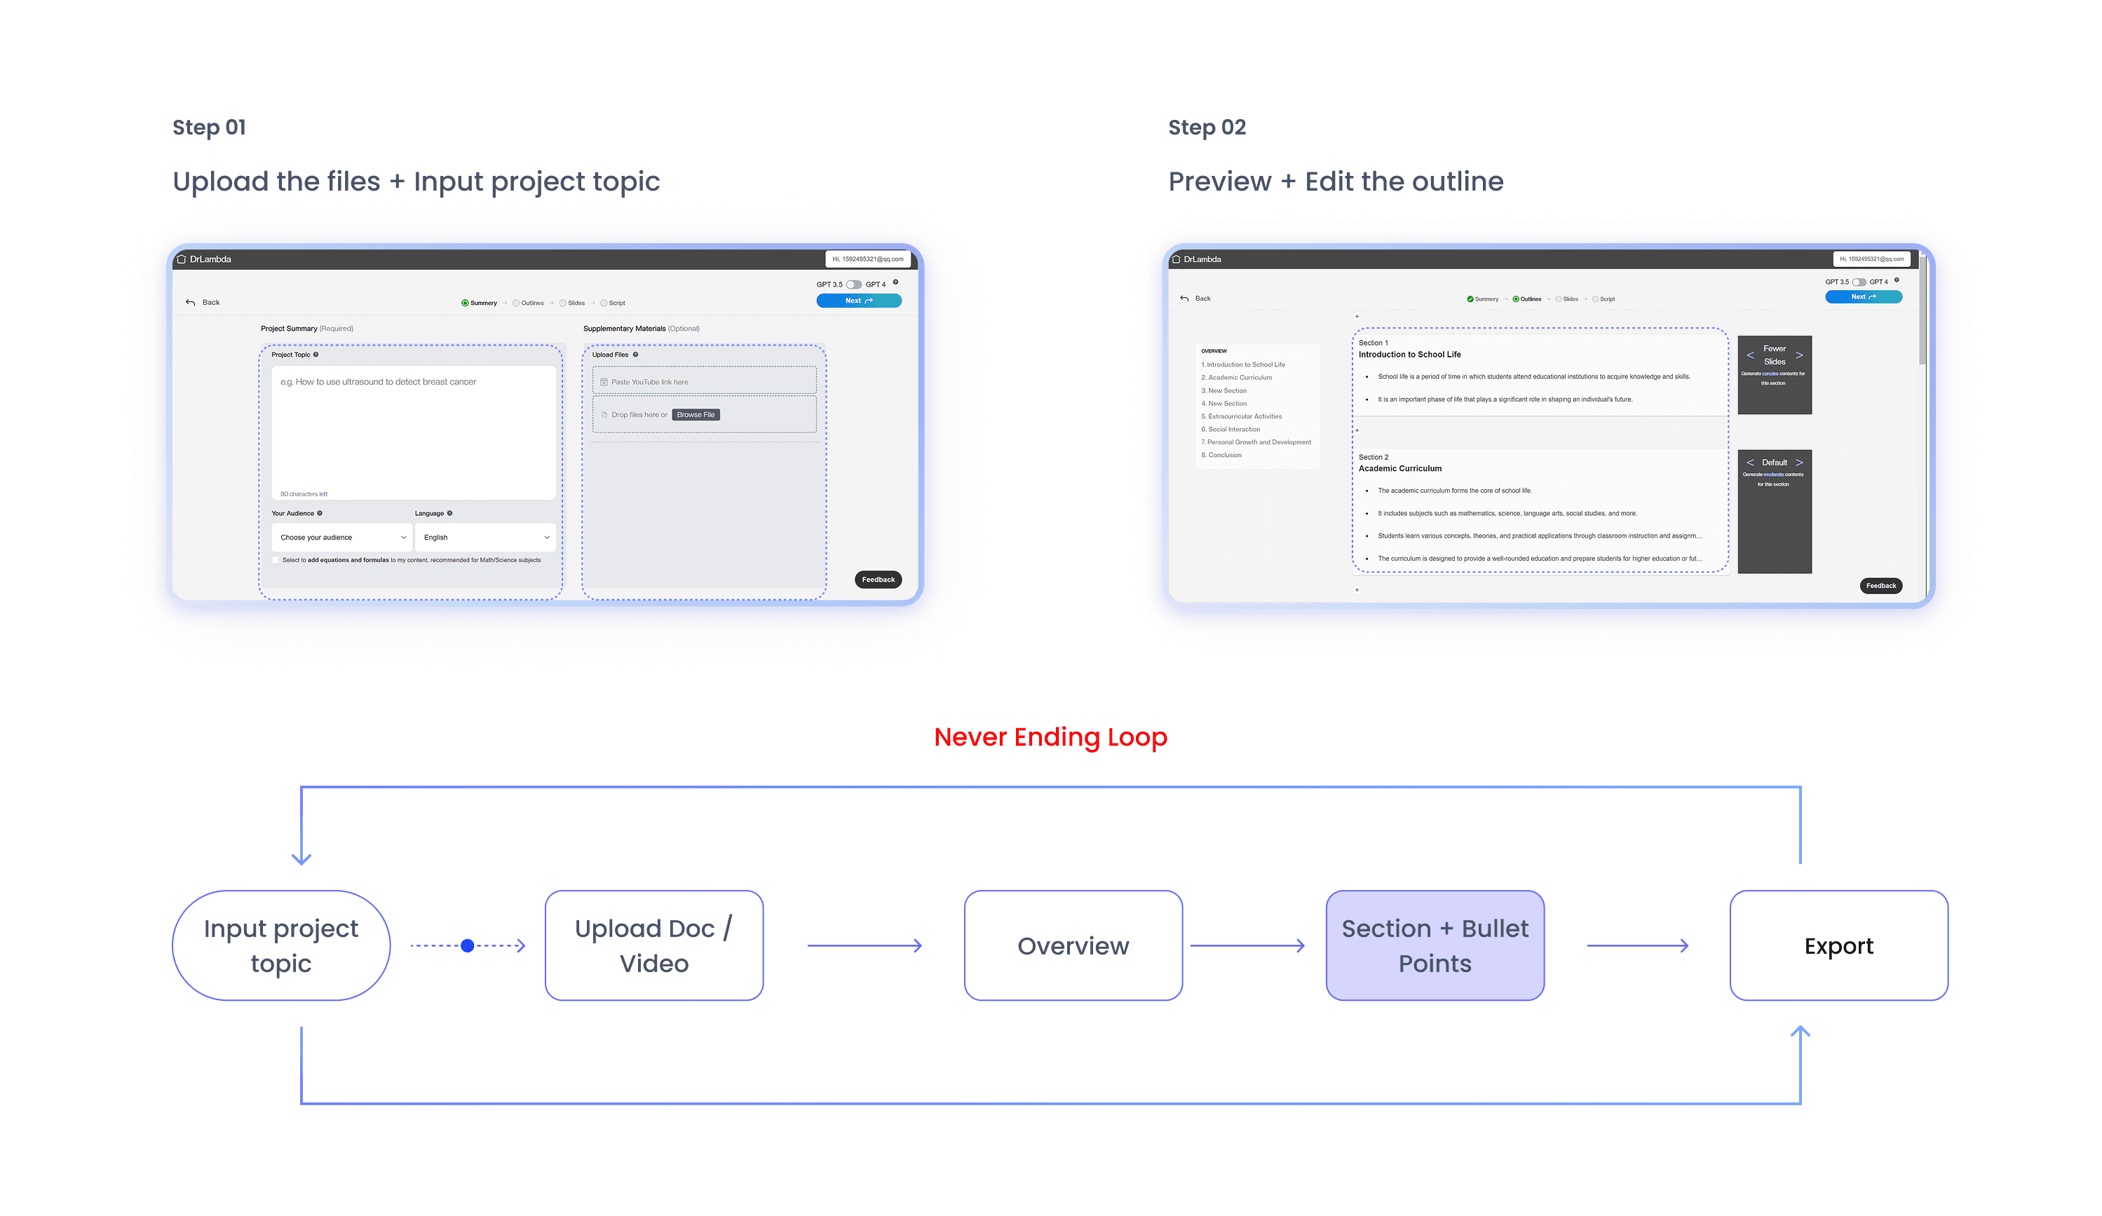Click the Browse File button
coord(696,414)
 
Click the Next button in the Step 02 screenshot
coord(1863,297)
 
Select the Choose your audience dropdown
coord(341,537)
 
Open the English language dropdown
coord(485,537)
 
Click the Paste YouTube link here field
coord(704,382)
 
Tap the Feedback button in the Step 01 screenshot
coord(878,580)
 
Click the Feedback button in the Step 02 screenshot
coord(1880,585)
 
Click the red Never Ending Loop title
coord(1050,737)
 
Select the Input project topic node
coord(281,945)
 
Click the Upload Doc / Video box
coord(654,945)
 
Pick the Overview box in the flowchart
coord(1073,945)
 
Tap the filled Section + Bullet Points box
coord(1435,945)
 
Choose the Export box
coord(1838,945)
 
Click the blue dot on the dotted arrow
coord(467,945)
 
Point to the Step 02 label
coord(1207,128)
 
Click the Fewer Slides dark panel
coord(1774,374)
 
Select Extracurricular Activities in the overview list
coord(1245,416)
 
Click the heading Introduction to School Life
coord(1410,355)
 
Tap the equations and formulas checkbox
coord(276,561)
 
